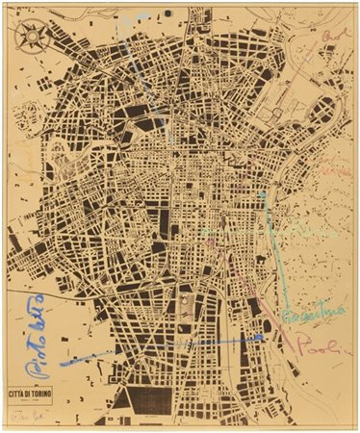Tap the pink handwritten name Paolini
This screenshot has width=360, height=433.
click(x=319, y=344)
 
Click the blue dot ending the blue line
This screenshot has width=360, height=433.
click(x=261, y=337)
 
